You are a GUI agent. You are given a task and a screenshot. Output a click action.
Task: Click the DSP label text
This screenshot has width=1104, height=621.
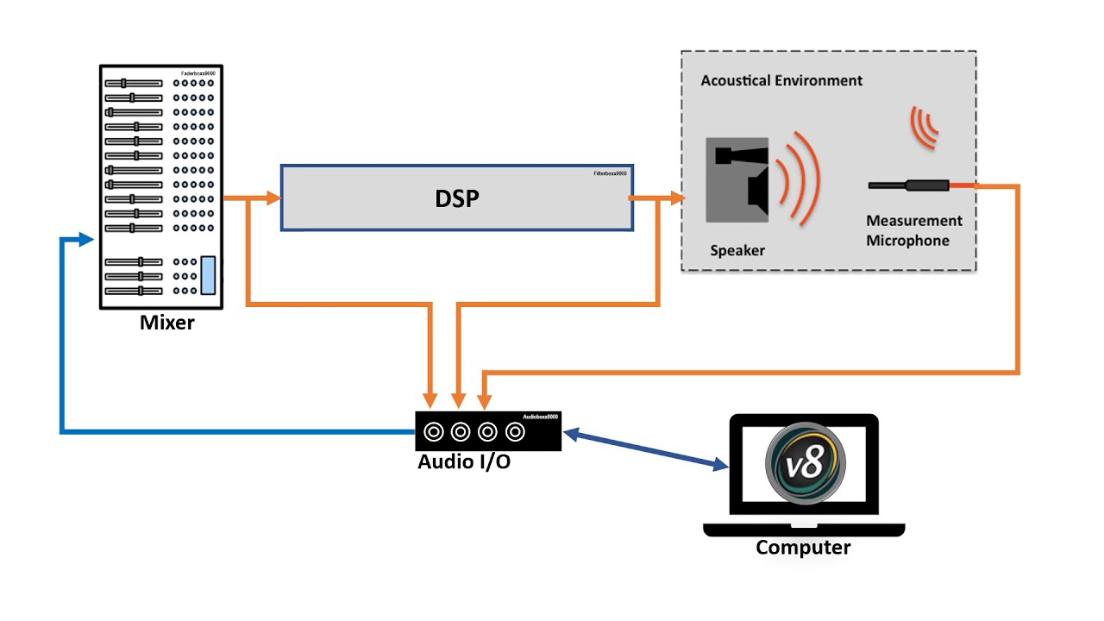(x=456, y=199)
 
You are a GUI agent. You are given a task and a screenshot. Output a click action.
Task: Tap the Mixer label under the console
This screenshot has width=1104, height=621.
(x=167, y=323)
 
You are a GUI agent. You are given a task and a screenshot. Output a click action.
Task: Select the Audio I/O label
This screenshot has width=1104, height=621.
(x=463, y=461)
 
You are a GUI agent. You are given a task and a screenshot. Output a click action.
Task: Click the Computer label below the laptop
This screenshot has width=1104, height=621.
(x=803, y=548)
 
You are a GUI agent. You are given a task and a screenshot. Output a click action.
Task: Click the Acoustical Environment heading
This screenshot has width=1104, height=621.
(x=781, y=80)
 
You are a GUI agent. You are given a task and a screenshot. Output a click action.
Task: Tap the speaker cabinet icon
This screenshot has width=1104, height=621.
(x=737, y=179)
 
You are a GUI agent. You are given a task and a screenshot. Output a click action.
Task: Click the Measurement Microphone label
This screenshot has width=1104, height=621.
(x=913, y=231)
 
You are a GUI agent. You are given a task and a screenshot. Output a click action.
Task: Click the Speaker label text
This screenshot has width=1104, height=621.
(x=737, y=251)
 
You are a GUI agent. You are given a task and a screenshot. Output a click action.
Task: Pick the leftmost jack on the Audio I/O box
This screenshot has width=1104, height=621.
(x=433, y=430)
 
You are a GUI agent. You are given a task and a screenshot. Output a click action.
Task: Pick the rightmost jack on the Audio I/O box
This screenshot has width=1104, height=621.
(x=515, y=430)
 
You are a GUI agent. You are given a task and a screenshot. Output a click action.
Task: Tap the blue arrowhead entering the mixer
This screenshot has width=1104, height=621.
(x=85, y=239)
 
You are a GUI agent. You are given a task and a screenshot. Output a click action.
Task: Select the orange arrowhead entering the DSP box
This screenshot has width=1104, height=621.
(x=273, y=199)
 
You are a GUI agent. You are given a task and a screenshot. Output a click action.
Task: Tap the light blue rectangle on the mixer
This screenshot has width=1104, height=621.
(x=208, y=275)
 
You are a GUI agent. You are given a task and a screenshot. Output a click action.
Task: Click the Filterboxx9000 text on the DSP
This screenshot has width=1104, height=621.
(x=609, y=173)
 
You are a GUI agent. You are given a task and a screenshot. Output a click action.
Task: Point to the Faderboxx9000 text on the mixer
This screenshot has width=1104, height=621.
(x=198, y=74)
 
